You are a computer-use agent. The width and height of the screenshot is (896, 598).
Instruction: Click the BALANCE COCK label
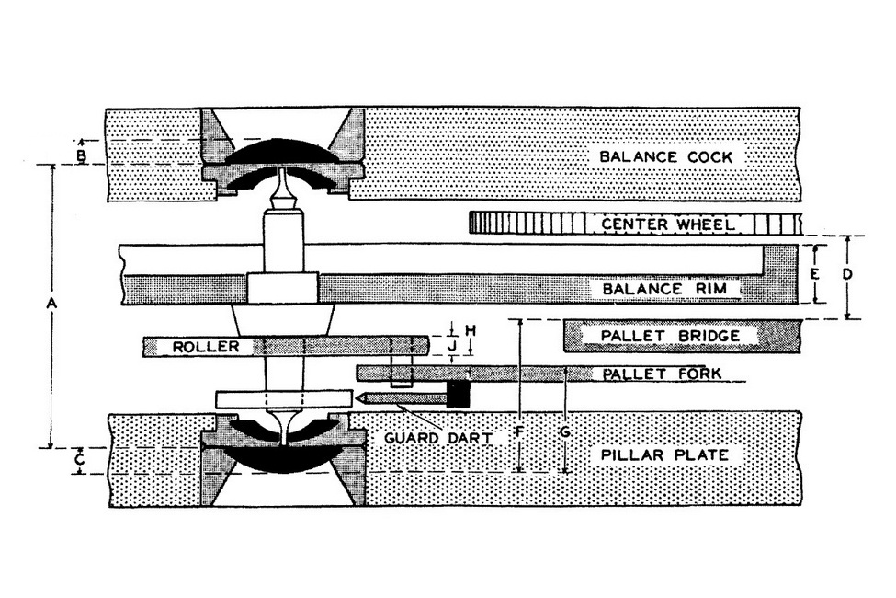[665, 156]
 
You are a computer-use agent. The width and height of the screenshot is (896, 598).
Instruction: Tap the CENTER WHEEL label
[668, 224]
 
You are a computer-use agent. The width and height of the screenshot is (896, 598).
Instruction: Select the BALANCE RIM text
[665, 288]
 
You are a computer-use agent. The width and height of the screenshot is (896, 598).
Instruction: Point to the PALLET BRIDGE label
[670, 335]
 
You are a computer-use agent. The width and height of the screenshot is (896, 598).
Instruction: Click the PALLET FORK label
[662, 374]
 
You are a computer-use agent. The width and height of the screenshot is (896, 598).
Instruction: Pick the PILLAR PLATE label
[664, 455]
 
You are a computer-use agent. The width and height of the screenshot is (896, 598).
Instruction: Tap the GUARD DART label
[438, 438]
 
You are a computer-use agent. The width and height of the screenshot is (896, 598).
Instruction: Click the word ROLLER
[206, 347]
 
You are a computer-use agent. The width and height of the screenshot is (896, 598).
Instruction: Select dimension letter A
[51, 304]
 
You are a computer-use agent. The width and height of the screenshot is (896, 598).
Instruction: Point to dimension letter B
[81, 155]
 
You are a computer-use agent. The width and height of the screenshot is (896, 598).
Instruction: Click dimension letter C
[81, 459]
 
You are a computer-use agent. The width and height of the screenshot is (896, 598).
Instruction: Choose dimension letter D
[847, 274]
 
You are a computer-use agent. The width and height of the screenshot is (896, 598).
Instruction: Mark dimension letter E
[815, 274]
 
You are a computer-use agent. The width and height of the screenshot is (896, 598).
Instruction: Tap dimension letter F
[519, 431]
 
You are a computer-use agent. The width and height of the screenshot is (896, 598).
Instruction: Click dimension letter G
[565, 432]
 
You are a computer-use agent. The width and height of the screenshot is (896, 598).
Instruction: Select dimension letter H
[471, 331]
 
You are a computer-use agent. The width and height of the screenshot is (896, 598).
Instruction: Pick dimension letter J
[452, 346]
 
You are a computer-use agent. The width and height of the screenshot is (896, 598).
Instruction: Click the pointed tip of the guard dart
[356, 397]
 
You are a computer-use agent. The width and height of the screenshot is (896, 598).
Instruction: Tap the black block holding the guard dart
[459, 394]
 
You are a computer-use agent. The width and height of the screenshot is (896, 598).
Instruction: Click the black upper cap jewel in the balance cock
[283, 152]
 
